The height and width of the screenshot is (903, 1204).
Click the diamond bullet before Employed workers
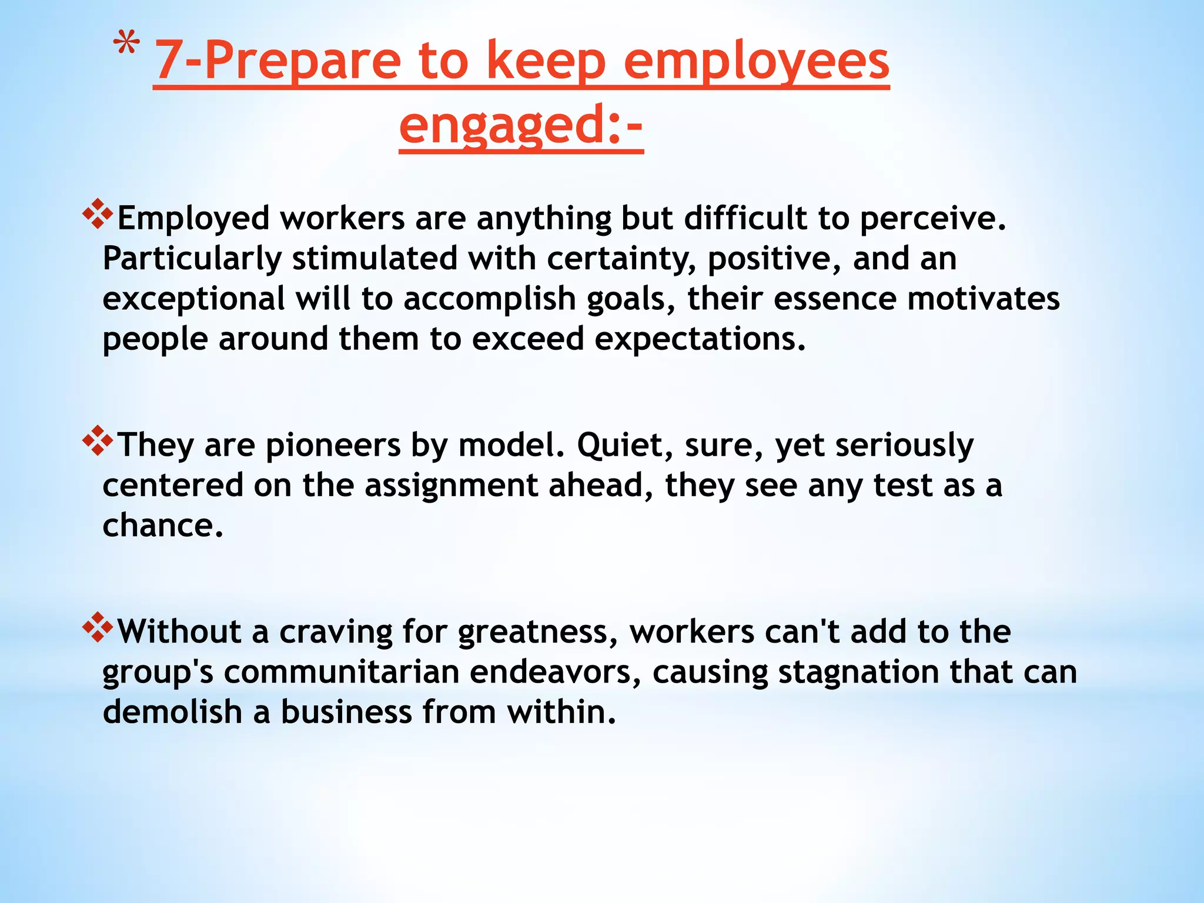[x=98, y=214]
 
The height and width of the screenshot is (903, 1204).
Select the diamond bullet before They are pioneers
[x=98, y=440]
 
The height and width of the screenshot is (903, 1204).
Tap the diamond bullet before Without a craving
[x=98, y=627]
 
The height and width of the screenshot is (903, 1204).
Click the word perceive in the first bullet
[x=933, y=218]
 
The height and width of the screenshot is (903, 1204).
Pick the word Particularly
[x=192, y=259]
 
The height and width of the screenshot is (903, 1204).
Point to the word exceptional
[x=193, y=299]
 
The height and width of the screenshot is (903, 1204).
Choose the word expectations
[x=700, y=339]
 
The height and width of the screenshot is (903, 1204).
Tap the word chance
[x=163, y=525]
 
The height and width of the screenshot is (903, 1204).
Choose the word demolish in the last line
[x=172, y=712]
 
